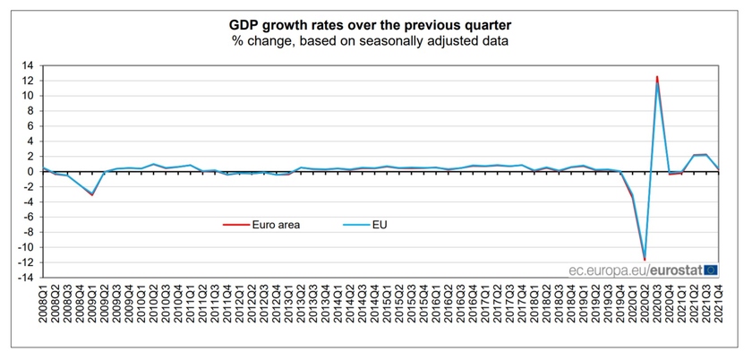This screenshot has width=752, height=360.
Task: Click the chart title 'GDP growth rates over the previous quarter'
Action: click(375, 24)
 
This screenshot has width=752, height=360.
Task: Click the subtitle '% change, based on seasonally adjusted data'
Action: click(375, 41)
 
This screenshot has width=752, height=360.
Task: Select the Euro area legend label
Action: click(276, 225)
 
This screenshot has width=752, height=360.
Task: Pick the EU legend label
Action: click(380, 225)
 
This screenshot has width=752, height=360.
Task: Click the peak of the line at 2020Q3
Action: click(657, 78)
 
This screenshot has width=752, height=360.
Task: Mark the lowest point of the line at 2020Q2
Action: click(645, 260)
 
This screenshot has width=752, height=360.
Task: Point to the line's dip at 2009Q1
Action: click(90, 194)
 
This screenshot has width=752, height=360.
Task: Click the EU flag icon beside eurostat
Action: click(711, 269)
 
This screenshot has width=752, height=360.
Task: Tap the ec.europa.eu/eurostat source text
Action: click(636, 269)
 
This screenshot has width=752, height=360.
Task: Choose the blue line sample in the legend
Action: click(355, 225)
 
